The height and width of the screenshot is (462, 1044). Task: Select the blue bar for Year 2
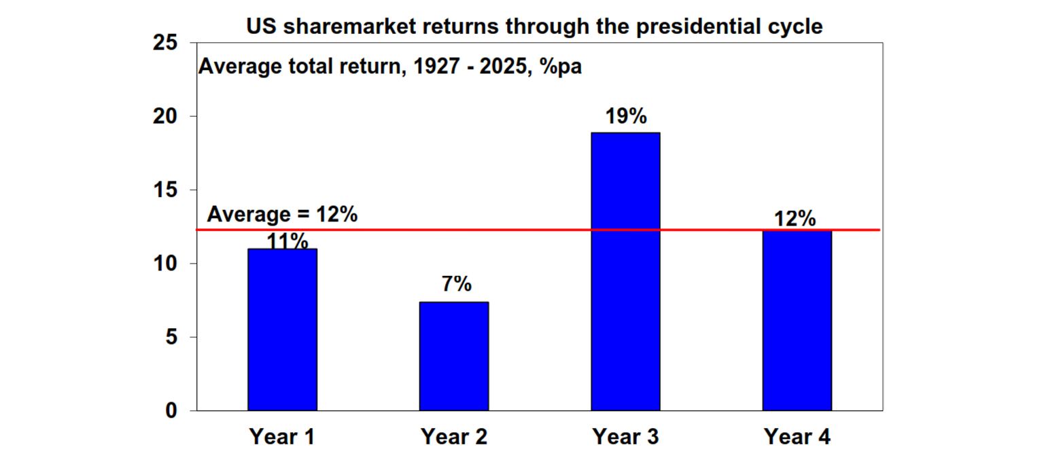pos(453,356)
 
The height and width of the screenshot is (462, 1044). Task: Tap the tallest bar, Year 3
pos(625,272)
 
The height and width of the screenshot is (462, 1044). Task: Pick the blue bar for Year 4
pos(797,321)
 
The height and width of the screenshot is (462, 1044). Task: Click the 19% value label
pos(625,116)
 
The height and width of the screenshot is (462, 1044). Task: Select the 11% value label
pos(287,241)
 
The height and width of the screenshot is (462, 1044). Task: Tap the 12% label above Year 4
pos(795,219)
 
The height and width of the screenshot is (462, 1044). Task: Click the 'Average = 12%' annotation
pos(282,214)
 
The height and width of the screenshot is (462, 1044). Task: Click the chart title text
pos(534,26)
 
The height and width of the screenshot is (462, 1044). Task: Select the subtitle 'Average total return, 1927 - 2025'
pos(389,67)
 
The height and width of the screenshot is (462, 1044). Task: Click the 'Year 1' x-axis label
pos(282,436)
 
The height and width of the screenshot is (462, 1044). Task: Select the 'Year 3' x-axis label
pos(625,436)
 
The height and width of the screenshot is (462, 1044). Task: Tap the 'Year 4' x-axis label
pos(797,436)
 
